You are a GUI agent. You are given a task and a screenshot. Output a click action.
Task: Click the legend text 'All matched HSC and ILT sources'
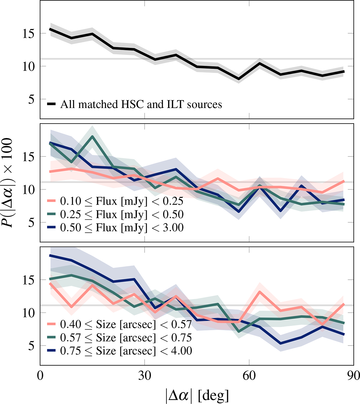tap(141, 104)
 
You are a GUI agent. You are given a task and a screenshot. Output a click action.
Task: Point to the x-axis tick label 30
tap(145, 375)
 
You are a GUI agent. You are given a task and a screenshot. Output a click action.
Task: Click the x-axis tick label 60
tap(249, 375)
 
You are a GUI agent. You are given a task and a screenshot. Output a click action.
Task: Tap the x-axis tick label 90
tap(353, 375)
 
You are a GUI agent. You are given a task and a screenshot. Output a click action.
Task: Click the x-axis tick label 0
tap(40, 375)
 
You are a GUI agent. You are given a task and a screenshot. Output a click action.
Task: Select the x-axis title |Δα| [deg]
tap(197, 395)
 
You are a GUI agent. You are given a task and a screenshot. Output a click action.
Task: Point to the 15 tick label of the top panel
tap(29, 33)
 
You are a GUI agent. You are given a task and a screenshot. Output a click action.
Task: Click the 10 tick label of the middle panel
tap(29, 190)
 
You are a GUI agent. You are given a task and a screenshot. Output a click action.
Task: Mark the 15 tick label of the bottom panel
tap(29, 280)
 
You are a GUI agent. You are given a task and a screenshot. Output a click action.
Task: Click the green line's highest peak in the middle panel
tap(93, 136)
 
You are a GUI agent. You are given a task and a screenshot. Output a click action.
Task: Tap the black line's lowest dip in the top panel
tap(239, 79)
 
